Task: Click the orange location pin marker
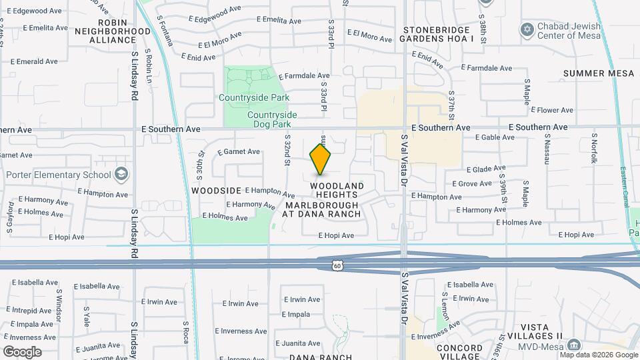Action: tap(321, 159)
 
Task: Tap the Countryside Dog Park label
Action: tap(279, 119)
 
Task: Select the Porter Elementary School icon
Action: tap(121, 175)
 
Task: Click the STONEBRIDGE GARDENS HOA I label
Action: tap(436, 34)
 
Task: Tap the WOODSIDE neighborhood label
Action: tap(216, 190)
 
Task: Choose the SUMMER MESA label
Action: tap(599, 73)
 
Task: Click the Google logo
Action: tap(22, 351)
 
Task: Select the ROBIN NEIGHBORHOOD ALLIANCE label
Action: tap(113, 35)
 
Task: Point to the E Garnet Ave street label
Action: tap(238, 151)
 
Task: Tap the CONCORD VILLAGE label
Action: tap(459, 352)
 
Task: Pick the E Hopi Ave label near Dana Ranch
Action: tap(336, 235)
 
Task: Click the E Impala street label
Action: tap(296, 315)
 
